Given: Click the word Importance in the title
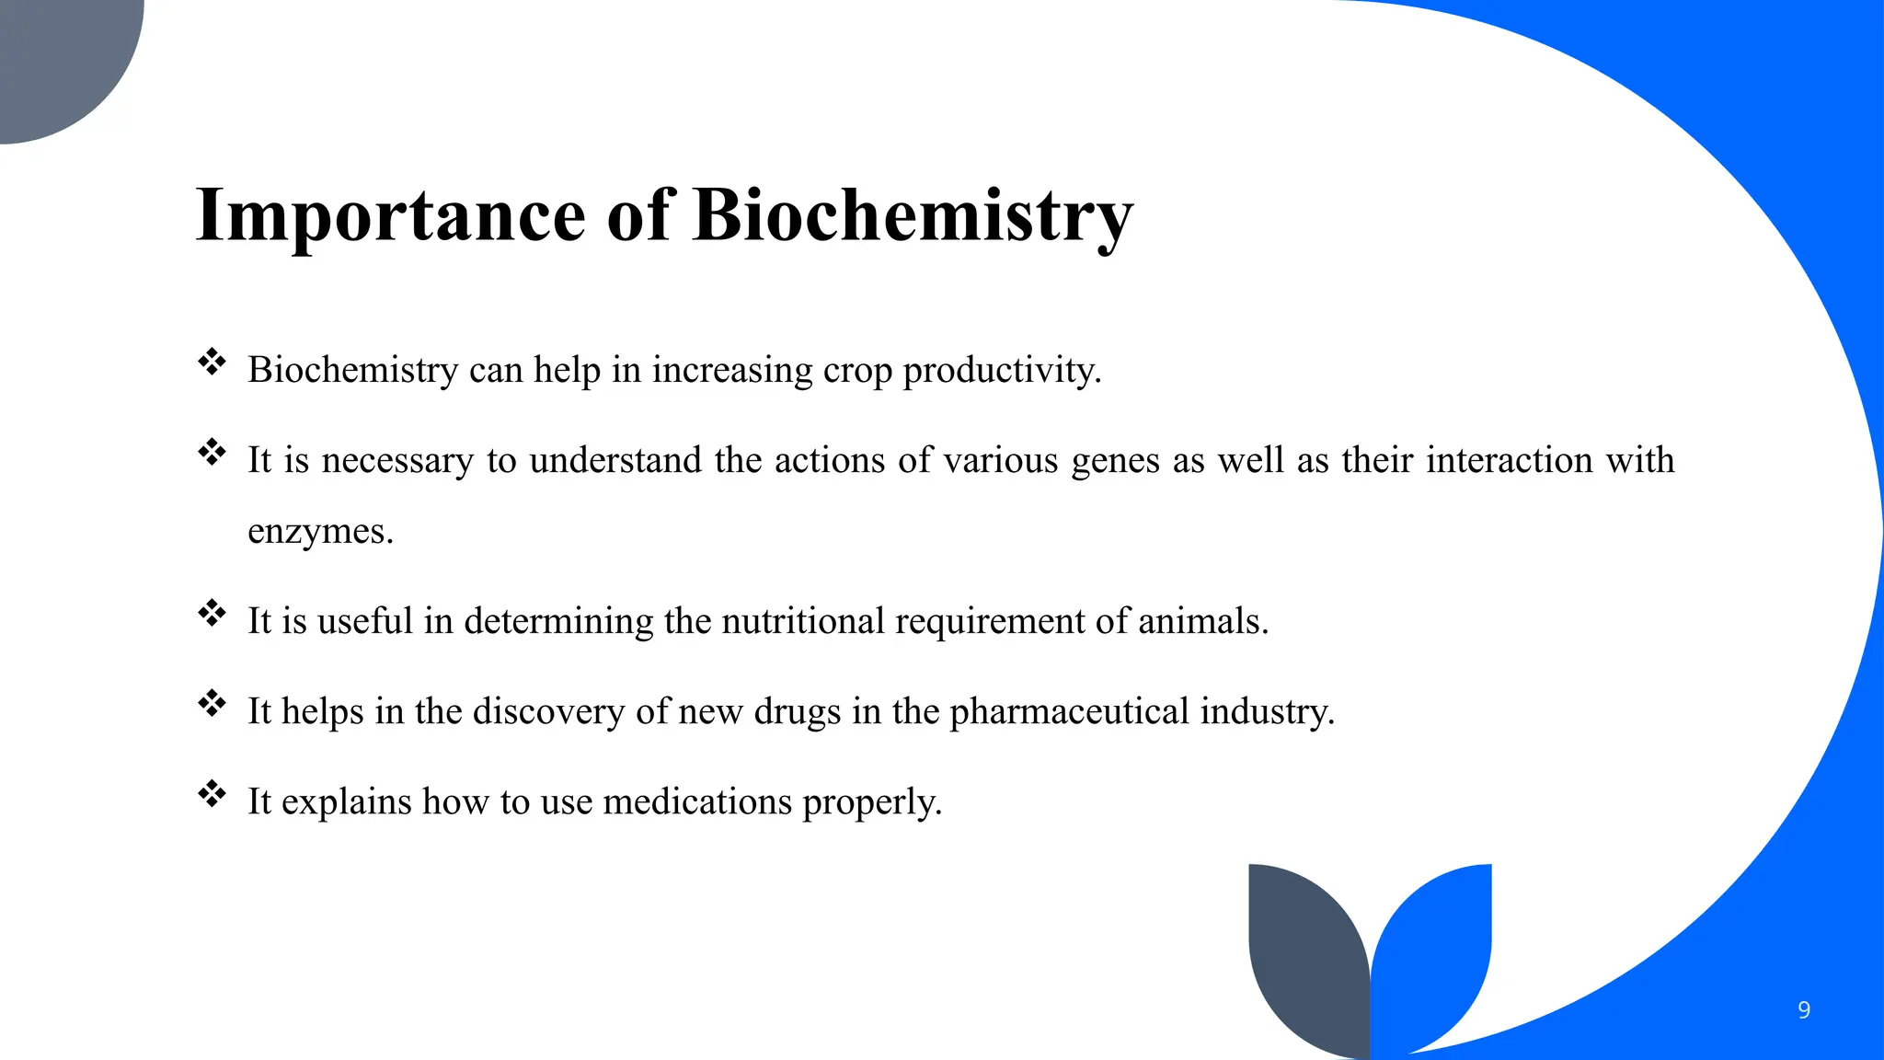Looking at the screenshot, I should pyautogui.click(x=390, y=216).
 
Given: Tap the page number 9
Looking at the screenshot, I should pyautogui.click(x=1803, y=1010).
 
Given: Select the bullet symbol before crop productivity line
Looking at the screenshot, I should pyautogui.click(x=213, y=362).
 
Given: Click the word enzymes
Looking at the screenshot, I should pyautogui.click(x=320, y=531).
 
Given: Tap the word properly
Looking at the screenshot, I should pyautogui.click(x=872, y=801).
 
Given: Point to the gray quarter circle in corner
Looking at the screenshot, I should pyautogui.click(x=55, y=55).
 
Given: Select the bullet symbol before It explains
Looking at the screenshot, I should pyautogui.click(x=213, y=793).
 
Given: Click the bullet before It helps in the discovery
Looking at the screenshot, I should pyautogui.click(x=213, y=703).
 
